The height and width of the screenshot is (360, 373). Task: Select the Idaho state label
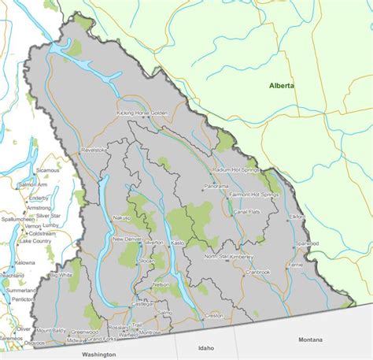(206, 347)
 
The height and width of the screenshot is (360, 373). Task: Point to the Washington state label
(98, 354)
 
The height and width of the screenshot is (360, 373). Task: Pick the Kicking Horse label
(132, 113)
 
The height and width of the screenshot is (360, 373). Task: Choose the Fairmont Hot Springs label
(253, 194)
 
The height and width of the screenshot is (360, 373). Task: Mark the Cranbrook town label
(257, 272)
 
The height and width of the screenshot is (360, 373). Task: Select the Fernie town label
(296, 265)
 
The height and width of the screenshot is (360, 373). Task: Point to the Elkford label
(297, 215)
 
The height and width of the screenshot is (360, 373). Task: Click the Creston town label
(214, 315)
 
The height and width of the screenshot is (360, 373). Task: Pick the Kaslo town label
(177, 243)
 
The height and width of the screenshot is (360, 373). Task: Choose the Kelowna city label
(24, 262)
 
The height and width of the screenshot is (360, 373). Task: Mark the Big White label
(61, 275)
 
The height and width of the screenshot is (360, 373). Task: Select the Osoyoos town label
(35, 342)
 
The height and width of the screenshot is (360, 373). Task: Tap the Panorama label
(216, 187)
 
